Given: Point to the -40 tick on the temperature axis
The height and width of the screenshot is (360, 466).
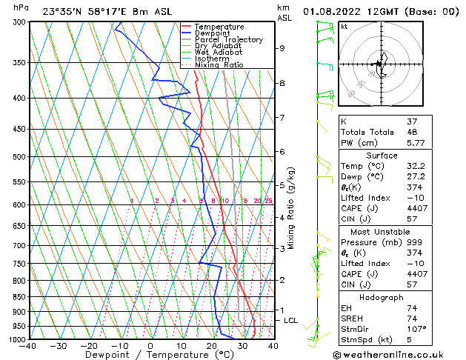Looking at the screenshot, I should pyautogui.click(x=28, y=346).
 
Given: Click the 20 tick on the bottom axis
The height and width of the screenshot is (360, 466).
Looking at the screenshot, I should pyautogui.click(x=212, y=346).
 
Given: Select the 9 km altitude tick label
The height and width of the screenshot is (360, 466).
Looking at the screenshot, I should pyautogui.click(x=282, y=48).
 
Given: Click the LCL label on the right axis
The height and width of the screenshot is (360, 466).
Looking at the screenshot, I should pyautogui.click(x=291, y=320).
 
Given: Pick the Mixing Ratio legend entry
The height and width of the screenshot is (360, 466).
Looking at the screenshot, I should pyautogui.click(x=215, y=65).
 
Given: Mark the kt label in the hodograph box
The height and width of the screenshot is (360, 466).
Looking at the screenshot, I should pyautogui.click(x=344, y=27).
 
